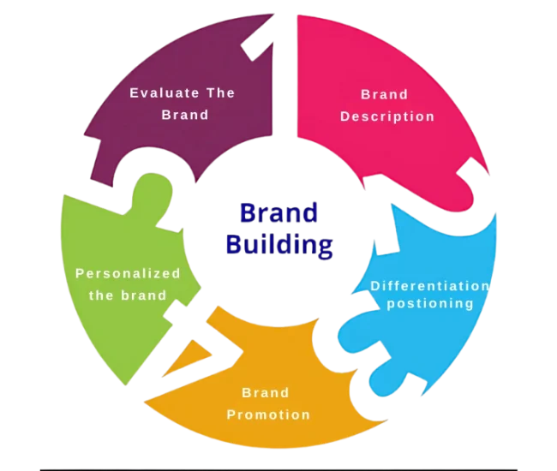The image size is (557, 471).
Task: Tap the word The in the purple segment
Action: (x=219, y=92)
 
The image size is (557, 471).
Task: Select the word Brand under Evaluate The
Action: (x=185, y=115)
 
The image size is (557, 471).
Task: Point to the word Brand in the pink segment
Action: (x=385, y=94)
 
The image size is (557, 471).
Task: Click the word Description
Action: (x=387, y=116)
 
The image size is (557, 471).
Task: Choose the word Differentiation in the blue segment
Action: (x=430, y=285)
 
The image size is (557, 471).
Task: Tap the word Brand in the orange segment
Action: (x=265, y=393)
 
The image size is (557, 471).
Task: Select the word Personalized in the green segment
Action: (x=129, y=274)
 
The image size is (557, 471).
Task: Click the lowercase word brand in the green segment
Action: (x=146, y=295)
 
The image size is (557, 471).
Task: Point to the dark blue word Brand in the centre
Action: (x=279, y=213)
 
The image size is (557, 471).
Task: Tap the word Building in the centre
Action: (x=279, y=246)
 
